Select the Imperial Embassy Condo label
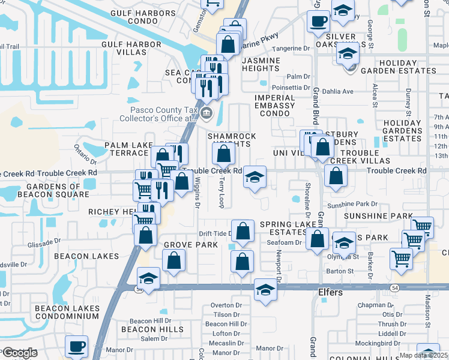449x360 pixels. (x=274, y=106)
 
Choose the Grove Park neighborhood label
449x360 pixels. (x=190, y=245)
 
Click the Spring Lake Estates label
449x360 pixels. (x=283, y=229)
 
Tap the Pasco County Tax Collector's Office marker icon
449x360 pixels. (x=207, y=113)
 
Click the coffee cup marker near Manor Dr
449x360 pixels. (x=77, y=346)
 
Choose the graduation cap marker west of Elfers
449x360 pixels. (x=265, y=290)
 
